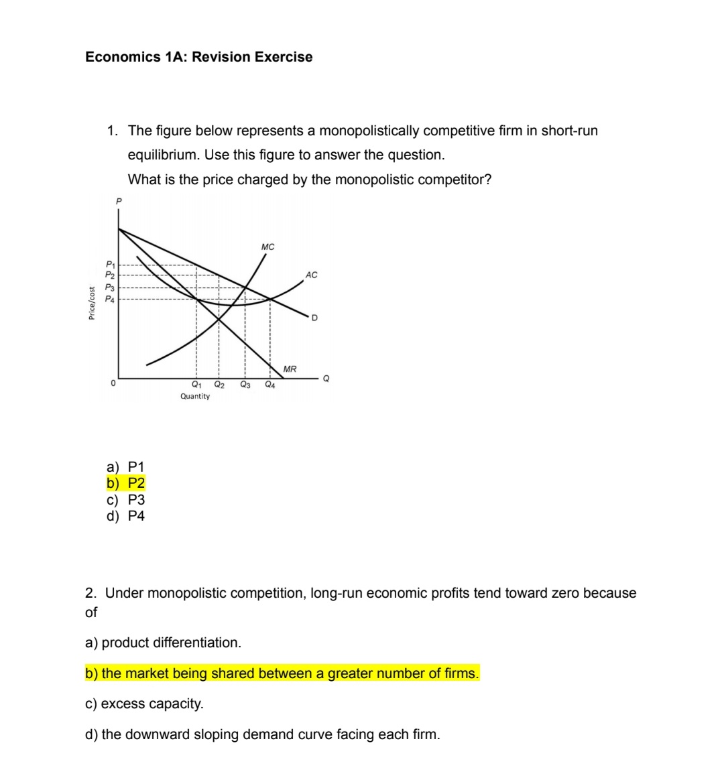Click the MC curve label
(267, 247)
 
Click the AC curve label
(311, 275)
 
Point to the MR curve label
(290, 369)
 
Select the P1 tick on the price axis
(109, 265)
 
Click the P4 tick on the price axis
(109, 300)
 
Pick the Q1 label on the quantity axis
(196, 385)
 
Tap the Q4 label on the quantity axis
(269, 385)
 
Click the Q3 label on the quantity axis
(245, 385)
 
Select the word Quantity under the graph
(194, 397)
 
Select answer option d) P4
(126, 516)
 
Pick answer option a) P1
(126, 467)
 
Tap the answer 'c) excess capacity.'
(145, 704)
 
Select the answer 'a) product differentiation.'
(163, 643)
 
